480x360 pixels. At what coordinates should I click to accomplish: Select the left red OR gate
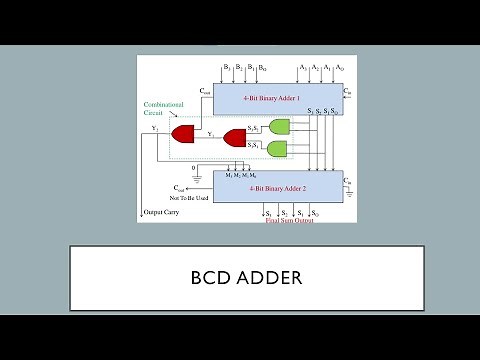point(184,133)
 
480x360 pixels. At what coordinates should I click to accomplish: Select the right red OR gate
point(236,137)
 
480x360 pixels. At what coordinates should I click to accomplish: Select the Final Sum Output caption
point(290,220)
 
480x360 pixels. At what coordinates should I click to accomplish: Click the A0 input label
point(341,67)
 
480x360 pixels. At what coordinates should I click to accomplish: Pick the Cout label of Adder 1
point(205,90)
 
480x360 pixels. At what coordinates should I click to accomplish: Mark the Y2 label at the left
point(155,128)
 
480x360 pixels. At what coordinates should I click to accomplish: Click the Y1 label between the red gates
point(209,133)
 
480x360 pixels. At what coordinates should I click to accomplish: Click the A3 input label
point(301,67)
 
